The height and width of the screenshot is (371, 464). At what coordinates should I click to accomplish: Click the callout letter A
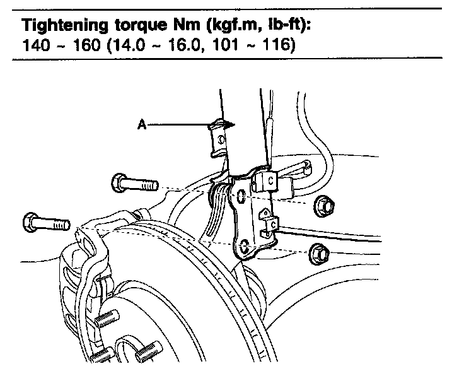142,125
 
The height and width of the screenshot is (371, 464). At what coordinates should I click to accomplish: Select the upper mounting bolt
134,184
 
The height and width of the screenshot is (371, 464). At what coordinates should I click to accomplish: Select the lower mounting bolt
46,223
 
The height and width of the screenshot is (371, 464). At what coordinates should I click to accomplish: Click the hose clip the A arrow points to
218,138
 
